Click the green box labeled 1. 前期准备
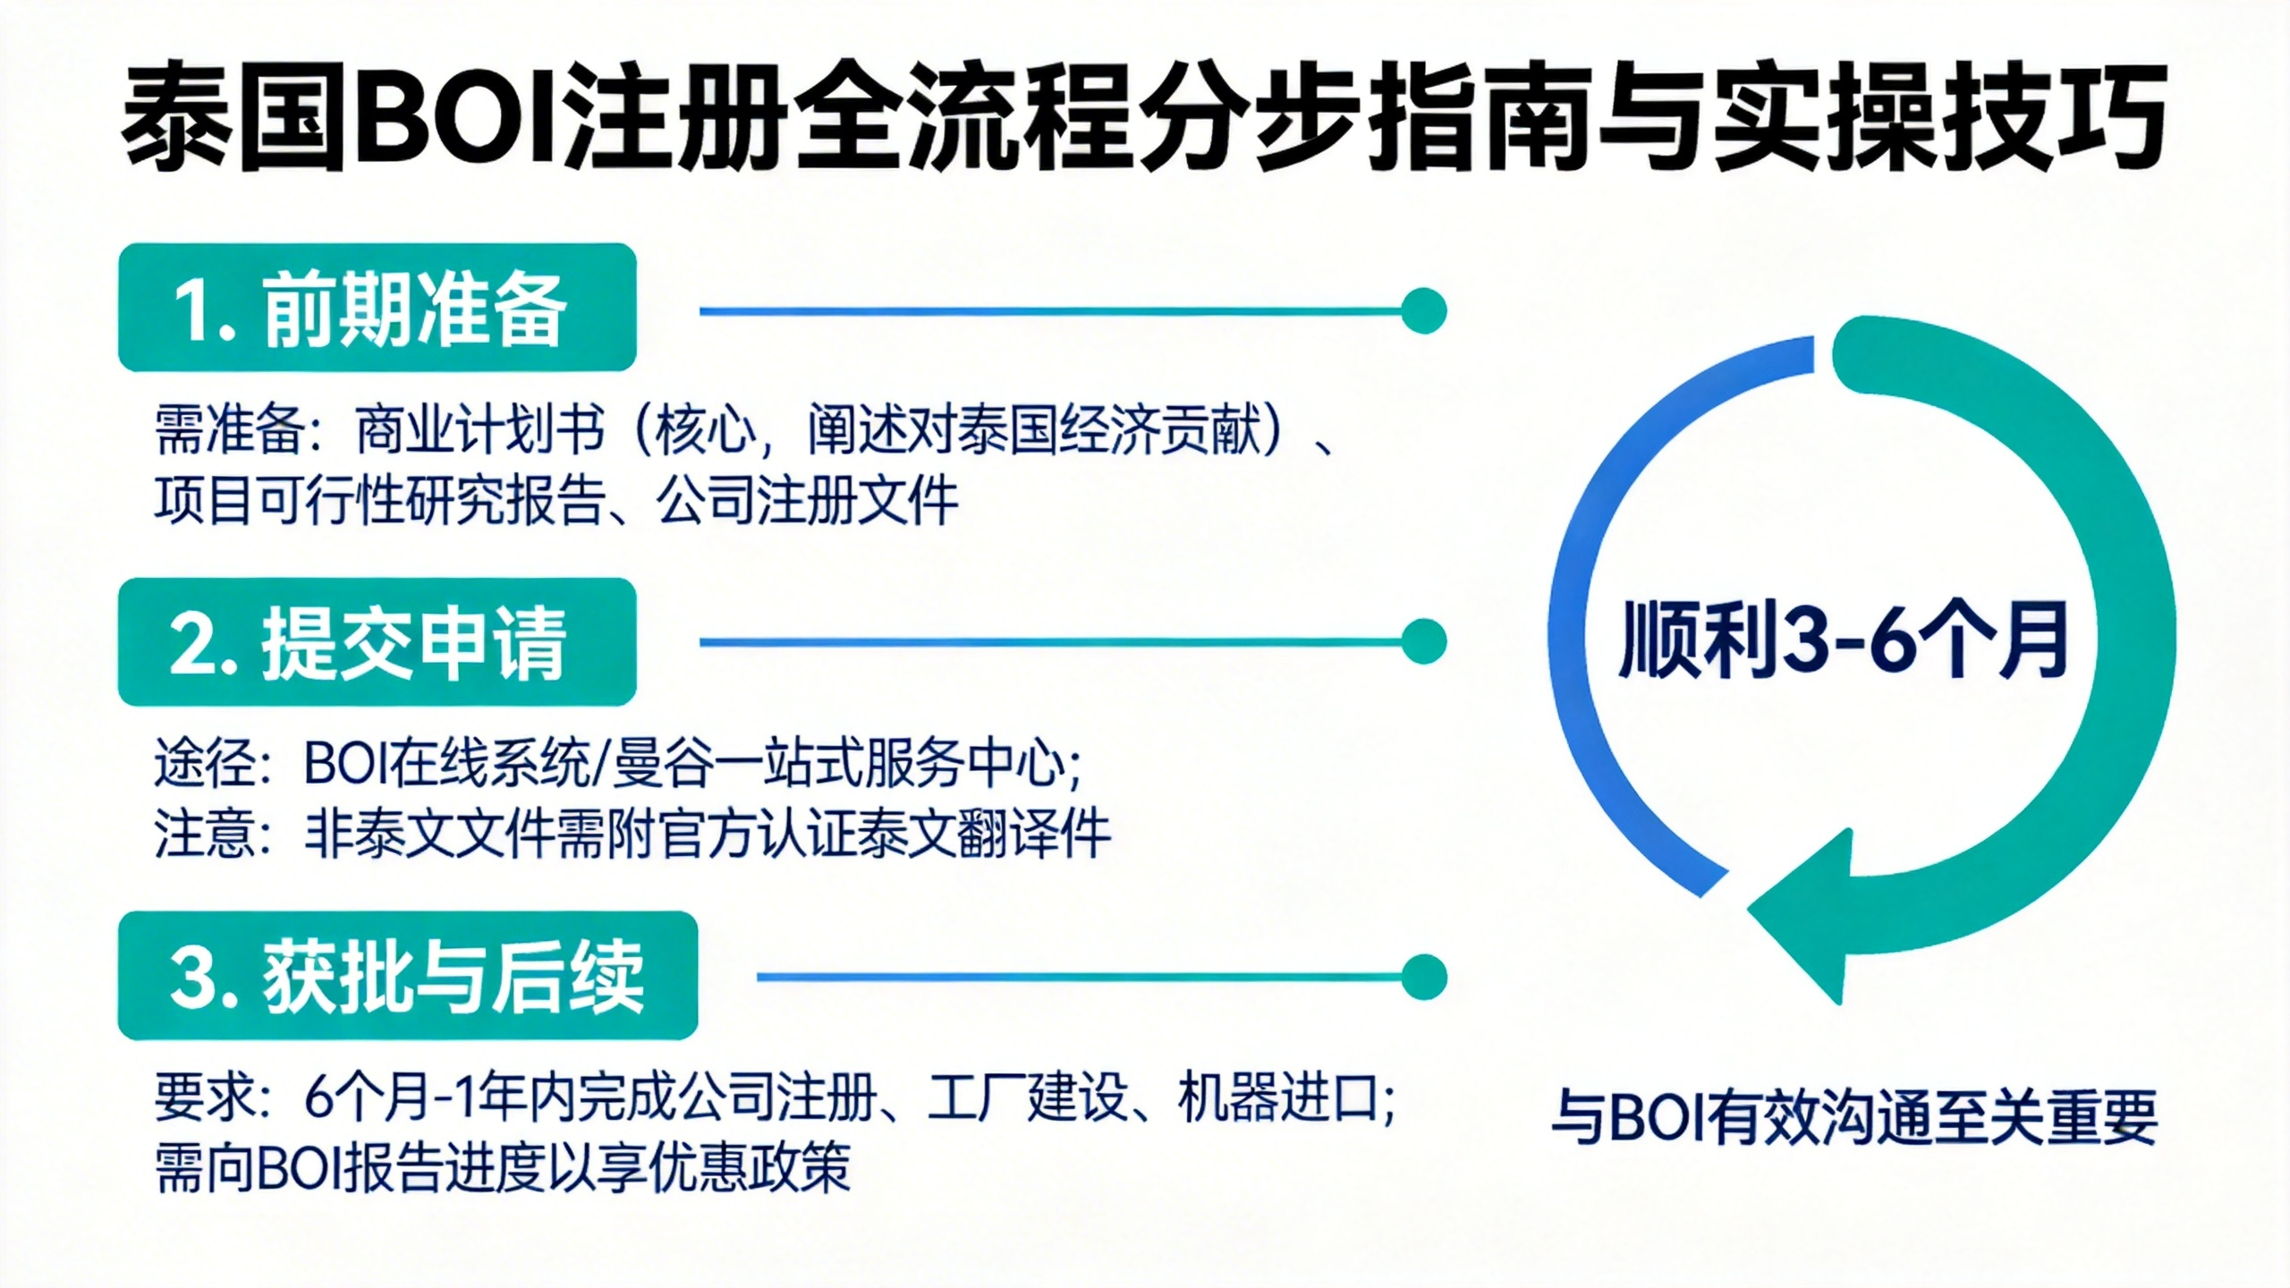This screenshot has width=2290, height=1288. tap(377, 307)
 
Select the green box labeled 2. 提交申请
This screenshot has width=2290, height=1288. tap(377, 641)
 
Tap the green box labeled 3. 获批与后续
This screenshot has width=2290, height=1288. tap(408, 975)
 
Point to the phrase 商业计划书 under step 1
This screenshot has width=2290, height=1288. tap(479, 431)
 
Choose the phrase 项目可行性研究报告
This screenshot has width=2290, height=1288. tap(379, 499)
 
